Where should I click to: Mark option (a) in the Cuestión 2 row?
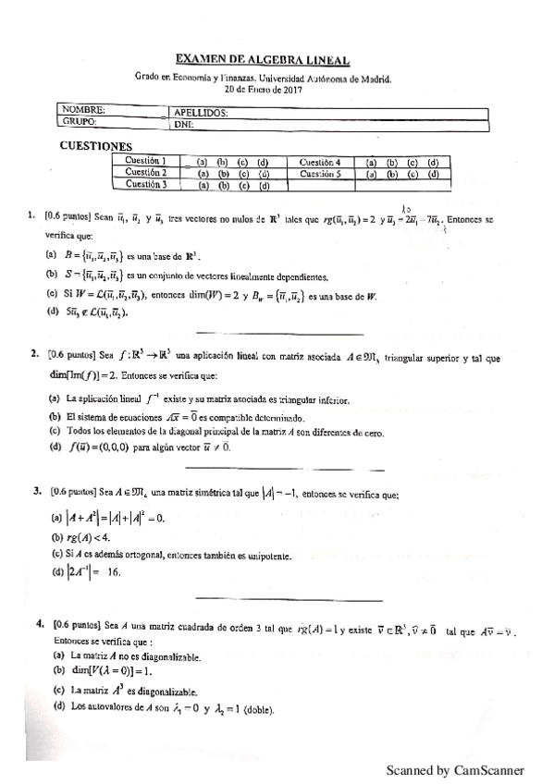point(204,173)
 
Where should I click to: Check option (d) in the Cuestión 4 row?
point(432,161)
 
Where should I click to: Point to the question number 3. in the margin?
point(37,491)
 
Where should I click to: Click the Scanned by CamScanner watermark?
point(454,769)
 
